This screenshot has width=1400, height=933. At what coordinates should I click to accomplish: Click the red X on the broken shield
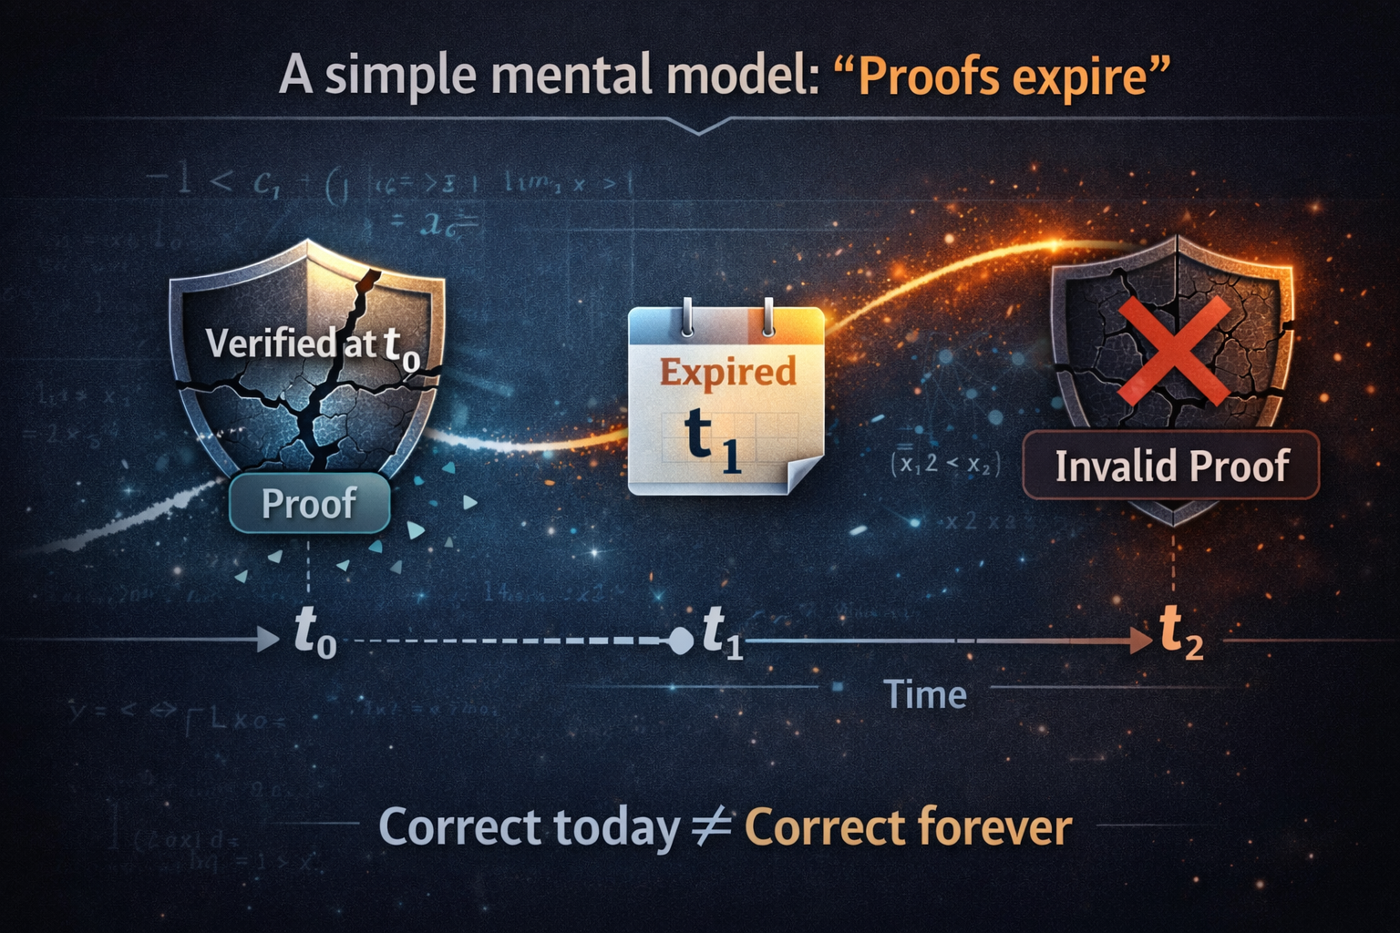click(1172, 352)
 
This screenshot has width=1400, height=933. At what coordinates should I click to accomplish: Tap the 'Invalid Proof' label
click(1171, 466)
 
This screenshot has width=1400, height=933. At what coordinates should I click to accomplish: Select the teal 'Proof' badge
click(309, 503)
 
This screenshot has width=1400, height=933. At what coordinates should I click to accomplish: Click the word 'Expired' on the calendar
click(727, 371)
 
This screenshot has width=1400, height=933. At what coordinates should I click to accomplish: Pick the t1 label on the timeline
click(723, 632)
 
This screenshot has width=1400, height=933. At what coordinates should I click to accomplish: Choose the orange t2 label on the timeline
click(1181, 633)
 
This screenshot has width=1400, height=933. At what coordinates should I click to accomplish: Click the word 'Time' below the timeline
click(925, 694)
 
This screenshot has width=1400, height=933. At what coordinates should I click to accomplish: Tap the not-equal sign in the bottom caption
click(712, 827)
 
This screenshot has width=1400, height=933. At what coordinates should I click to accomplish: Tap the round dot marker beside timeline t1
click(680, 641)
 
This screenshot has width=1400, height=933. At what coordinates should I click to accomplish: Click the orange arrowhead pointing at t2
click(1140, 641)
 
